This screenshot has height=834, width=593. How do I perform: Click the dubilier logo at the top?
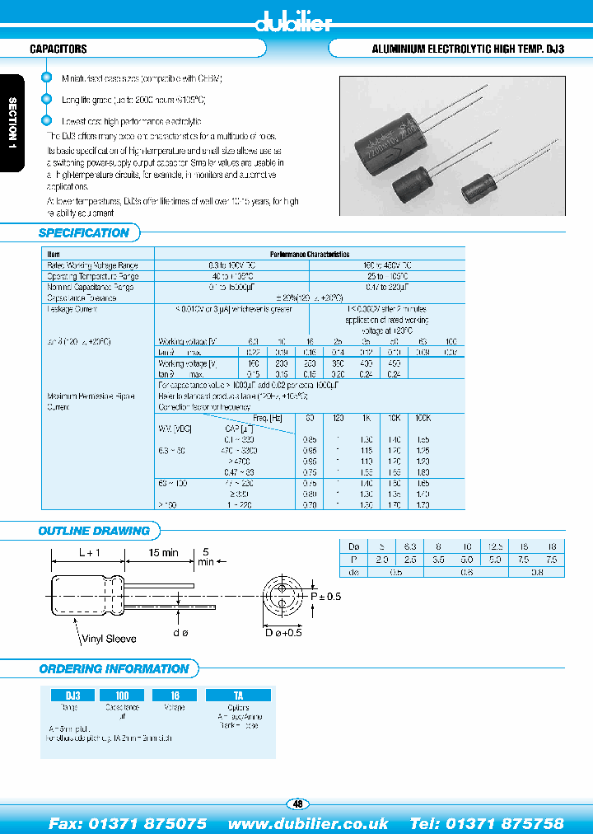pos(296,22)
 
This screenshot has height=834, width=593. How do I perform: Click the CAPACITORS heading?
pos(58,49)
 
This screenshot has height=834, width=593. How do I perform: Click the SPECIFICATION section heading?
pos(84,233)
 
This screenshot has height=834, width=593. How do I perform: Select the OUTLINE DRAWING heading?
pos(94,531)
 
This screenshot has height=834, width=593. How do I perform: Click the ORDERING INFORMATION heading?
pos(114,668)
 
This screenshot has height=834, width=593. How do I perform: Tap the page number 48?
pos(296,804)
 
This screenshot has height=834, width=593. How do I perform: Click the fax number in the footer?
pos(128,823)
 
